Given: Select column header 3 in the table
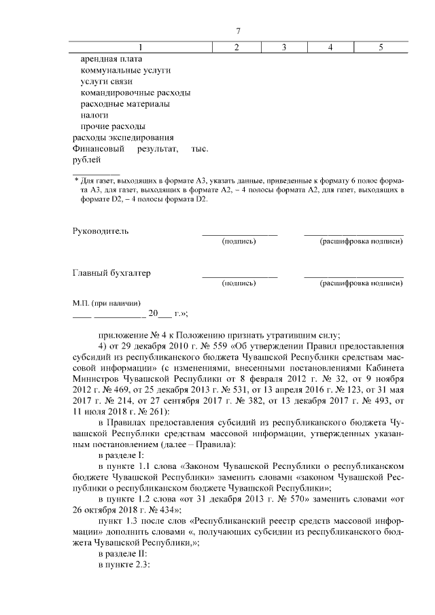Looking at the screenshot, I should [283, 47].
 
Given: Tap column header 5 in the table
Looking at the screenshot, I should [381, 47].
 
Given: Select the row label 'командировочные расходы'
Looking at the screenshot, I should [135, 92].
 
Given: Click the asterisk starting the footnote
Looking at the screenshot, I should [76, 181].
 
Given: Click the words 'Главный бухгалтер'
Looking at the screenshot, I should [111, 273].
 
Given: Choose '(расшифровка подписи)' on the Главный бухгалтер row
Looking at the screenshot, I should [353, 283].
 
